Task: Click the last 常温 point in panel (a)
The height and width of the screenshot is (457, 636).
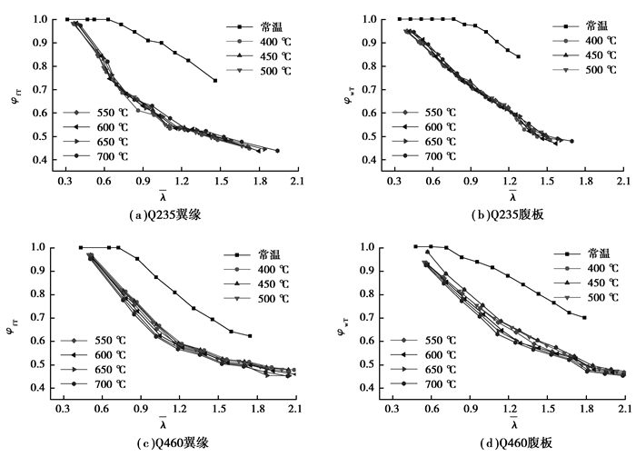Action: (215, 81)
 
